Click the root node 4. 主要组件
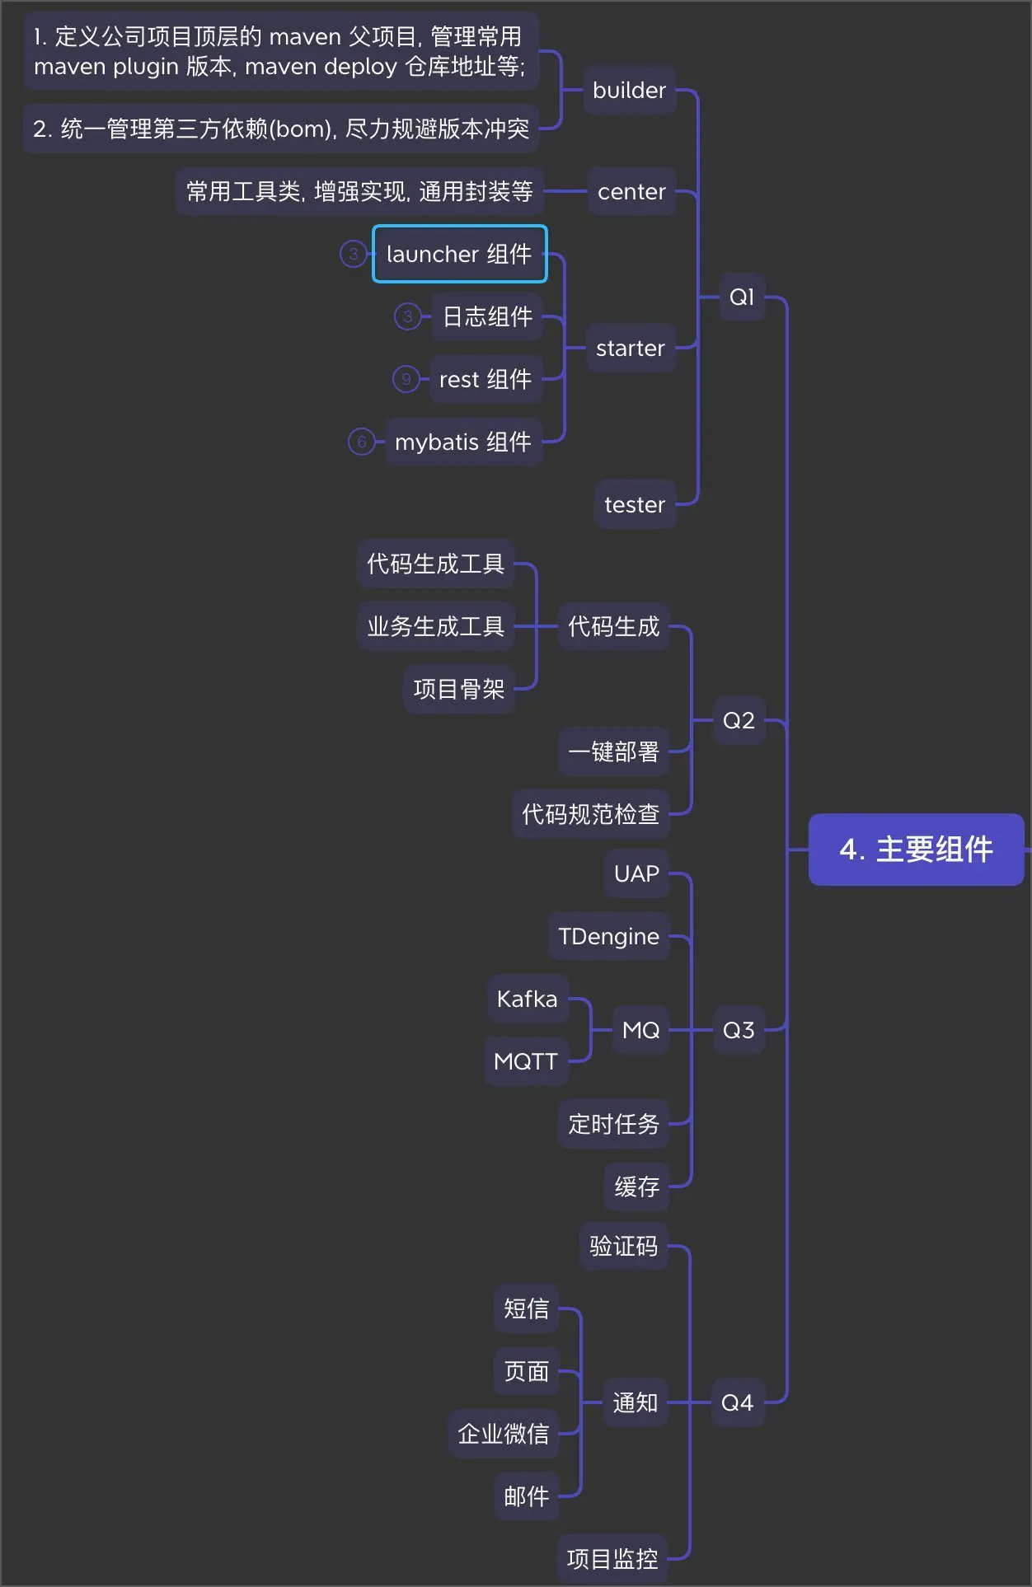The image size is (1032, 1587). pyautogui.click(x=916, y=850)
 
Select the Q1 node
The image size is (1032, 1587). pyautogui.click(x=742, y=297)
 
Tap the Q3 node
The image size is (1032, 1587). pyautogui.click(x=739, y=1030)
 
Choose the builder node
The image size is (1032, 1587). pyautogui.click(x=629, y=91)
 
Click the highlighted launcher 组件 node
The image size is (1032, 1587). pyautogui.click(x=459, y=254)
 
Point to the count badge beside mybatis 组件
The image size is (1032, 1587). pyautogui.click(x=361, y=442)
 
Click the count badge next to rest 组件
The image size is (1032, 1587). pyautogui.click(x=406, y=379)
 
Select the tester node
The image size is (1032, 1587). pyautogui.click(x=634, y=504)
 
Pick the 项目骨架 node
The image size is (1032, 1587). pyautogui.click(x=459, y=689)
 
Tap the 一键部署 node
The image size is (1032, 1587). pyautogui.click(x=613, y=751)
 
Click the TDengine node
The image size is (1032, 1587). pyautogui.click(x=608, y=936)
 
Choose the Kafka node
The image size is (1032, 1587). pyautogui.click(x=527, y=999)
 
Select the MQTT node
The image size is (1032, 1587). pyautogui.click(x=526, y=1061)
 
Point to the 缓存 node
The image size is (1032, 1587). pyautogui.click(x=636, y=1187)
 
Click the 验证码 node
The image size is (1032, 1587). pyautogui.click(x=623, y=1246)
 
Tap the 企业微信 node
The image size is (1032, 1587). pyautogui.click(x=503, y=1434)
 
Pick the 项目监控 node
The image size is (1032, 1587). pyautogui.click(x=612, y=1559)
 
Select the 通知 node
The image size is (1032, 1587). pyautogui.click(x=635, y=1402)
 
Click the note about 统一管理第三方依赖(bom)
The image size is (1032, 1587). pyautogui.click(x=281, y=129)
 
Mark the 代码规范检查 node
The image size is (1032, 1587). pyautogui.click(x=590, y=814)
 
